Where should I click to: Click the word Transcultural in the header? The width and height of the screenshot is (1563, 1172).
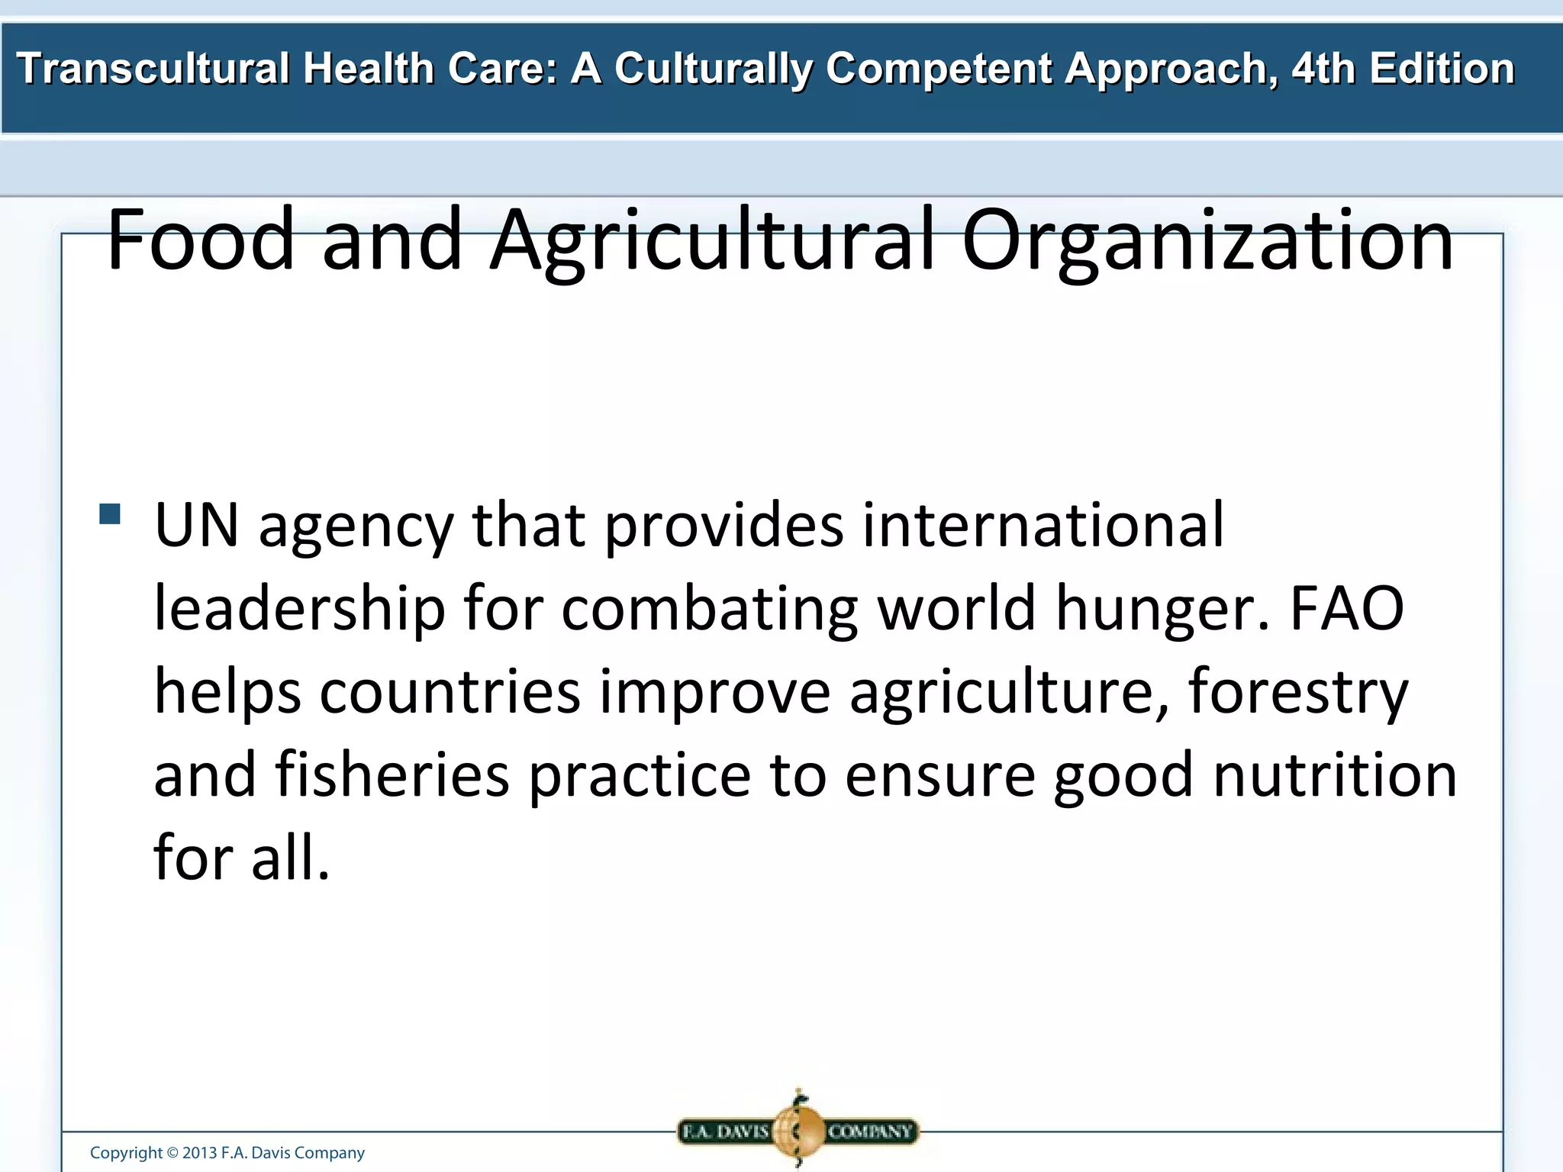pyautogui.click(x=153, y=69)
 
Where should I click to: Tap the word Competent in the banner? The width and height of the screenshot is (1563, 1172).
pyautogui.click(x=939, y=69)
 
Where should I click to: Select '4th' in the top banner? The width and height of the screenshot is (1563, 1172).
pyautogui.click(x=1324, y=69)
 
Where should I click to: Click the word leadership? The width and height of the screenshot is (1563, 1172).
pyautogui.click(x=299, y=609)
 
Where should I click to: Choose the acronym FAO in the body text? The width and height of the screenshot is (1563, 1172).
pyautogui.click(x=1347, y=609)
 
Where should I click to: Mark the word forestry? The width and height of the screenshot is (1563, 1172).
pyautogui.click(x=1298, y=691)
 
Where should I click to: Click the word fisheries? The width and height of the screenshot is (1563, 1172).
pyautogui.click(x=392, y=774)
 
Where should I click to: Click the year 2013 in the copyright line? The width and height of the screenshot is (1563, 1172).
pyautogui.click(x=199, y=1152)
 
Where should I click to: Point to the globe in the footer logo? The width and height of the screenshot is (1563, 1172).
pyautogui.click(x=798, y=1131)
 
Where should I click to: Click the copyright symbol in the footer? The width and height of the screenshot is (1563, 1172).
pyautogui.click(x=172, y=1152)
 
